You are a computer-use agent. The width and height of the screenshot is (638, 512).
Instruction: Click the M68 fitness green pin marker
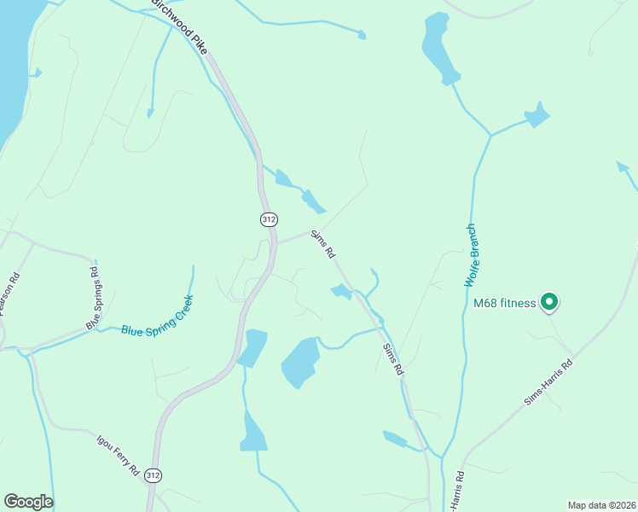[550, 301]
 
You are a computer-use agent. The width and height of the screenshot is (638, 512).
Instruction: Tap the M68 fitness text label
[504, 303]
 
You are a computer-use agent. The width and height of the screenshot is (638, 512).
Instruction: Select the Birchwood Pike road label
[179, 26]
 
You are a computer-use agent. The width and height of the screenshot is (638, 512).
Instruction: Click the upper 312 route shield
[269, 219]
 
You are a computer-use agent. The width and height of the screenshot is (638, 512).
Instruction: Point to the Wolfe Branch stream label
[470, 255]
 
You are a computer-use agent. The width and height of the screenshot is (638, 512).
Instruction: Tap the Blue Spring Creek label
[158, 316]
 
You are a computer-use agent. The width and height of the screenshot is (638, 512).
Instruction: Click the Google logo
[28, 502]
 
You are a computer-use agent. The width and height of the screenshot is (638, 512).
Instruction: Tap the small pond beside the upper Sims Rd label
[341, 292]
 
